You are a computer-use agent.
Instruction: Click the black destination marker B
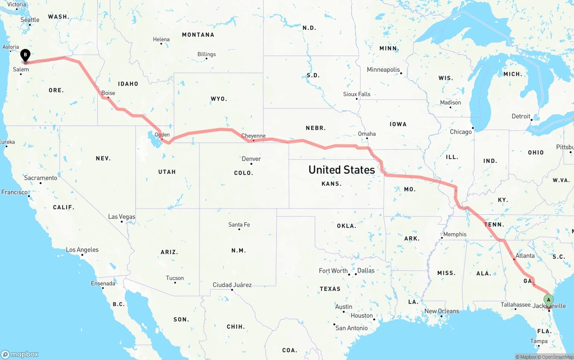point(26,55)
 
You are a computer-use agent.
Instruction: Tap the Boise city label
point(108,93)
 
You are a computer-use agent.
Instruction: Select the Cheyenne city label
point(253,136)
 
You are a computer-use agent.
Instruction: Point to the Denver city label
point(251,159)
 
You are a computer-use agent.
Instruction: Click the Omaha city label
point(367,134)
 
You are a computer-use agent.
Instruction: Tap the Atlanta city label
point(525,256)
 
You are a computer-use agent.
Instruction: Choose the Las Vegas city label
point(122,217)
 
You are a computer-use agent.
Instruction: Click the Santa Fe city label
point(239,225)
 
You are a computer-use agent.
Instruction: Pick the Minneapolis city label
point(383,69)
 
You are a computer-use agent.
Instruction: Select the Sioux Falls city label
point(357,94)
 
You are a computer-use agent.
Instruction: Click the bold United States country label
point(342,169)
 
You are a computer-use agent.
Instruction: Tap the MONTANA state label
point(198,35)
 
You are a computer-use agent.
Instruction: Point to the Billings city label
point(206,54)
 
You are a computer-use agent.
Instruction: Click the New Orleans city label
point(442,311)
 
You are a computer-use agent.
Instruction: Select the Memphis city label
point(455,234)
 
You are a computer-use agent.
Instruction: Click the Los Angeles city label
point(82,250)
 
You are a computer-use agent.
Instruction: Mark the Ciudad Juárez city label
point(232,285)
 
